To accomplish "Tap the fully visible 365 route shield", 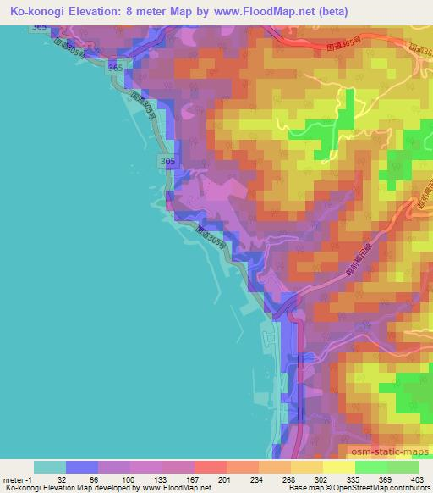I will click(x=116, y=67).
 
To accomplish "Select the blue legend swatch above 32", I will click(x=81, y=466).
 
